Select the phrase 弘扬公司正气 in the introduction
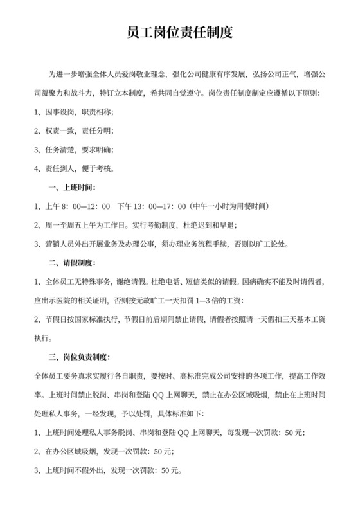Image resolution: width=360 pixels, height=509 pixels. click(x=269, y=75)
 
